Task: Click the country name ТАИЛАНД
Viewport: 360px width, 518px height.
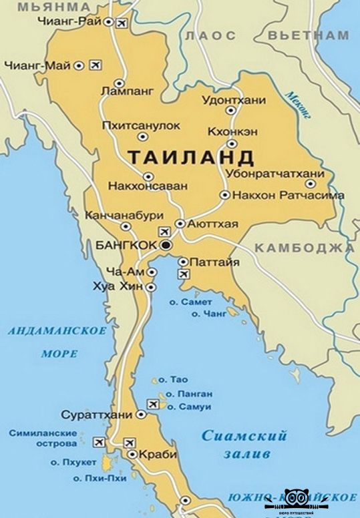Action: click(190, 158)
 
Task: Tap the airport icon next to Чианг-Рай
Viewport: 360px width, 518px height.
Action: click(121, 24)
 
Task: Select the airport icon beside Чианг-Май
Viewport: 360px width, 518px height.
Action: click(94, 65)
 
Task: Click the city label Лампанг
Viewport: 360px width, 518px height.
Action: click(126, 89)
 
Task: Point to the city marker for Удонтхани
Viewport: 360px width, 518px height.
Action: click(231, 111)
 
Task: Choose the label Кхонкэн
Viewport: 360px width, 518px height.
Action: click(232, 132)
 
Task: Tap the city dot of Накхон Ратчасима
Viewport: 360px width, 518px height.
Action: click(225, 195)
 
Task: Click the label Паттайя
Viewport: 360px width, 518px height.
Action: click(214, 262)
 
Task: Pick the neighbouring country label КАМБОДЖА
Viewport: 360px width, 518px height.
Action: click(304, 248)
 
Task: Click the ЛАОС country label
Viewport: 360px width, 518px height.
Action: click(212, 35)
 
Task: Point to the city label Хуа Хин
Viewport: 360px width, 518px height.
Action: click(123, 286)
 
